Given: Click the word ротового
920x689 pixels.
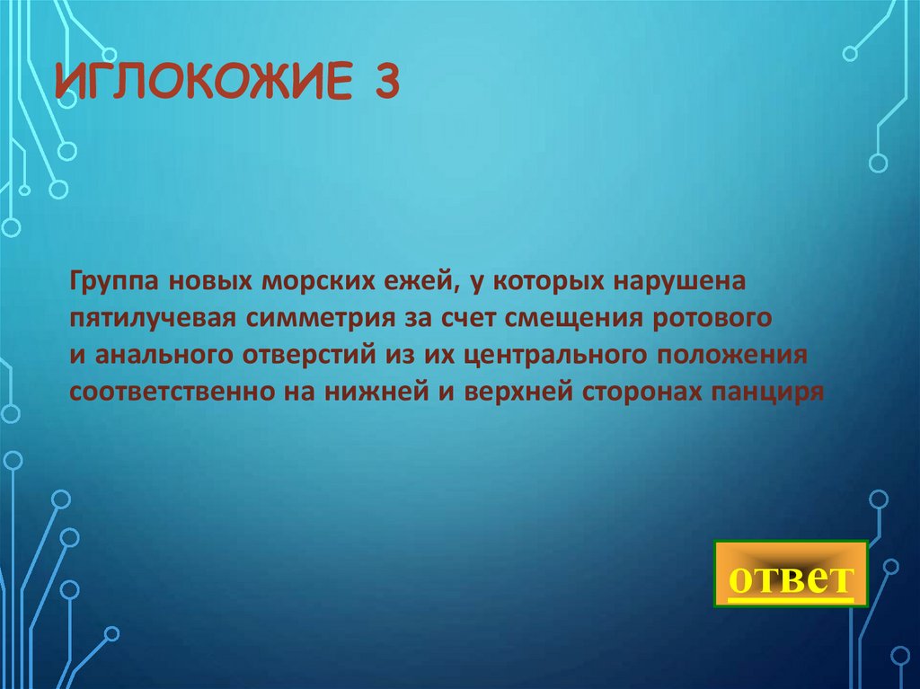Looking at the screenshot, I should pos(725,318).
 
